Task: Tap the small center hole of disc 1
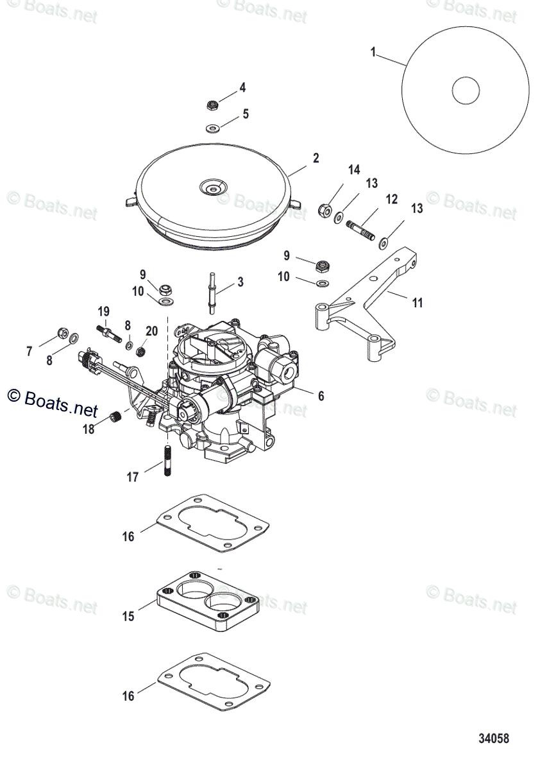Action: pos(466,90)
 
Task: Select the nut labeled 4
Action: pos(213,105)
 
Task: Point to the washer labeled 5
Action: pos(213,128)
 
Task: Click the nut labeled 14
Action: pos(325,209)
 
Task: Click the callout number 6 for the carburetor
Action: pos(321,396)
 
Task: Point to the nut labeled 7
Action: pos(63,332)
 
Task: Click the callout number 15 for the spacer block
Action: pos(128,616)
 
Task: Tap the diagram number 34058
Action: pos(493,739)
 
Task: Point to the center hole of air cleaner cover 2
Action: pos(212,187)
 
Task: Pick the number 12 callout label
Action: pos(391,200)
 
